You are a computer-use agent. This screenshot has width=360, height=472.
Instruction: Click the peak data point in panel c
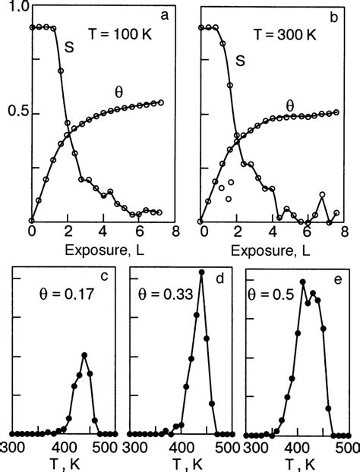84,355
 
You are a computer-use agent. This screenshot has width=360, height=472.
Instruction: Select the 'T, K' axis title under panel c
64,462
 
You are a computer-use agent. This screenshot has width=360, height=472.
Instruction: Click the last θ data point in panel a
160,102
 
